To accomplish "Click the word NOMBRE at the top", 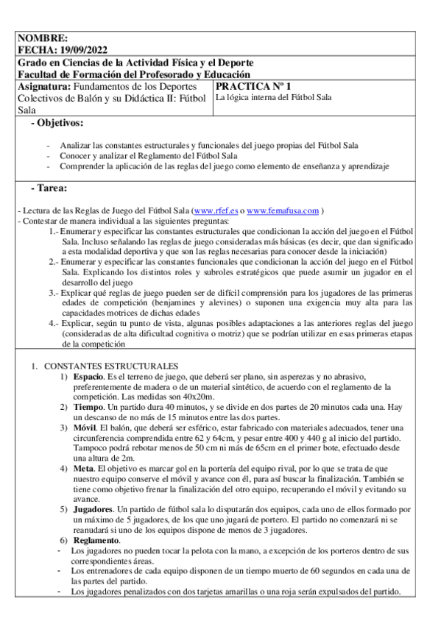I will pyautogui.click(x=42, y=38).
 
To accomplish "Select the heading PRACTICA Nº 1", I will pyautogui.click(x=254, y=86).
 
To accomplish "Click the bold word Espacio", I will pyautogui.click(x=88, y=377).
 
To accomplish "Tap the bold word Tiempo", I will pyautogui.click(x=88, y=407).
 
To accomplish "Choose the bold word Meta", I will pyautogui.click(x=84, y=468).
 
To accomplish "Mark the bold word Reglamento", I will pyautogui.click(x=96, y=541).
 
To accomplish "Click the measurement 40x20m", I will pyautogui.click(x=182, y=397).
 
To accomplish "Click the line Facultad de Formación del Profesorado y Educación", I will pyautogui.click(x=133, y=74).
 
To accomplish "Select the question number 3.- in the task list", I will pyautogui.click(x=54, y=292).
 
